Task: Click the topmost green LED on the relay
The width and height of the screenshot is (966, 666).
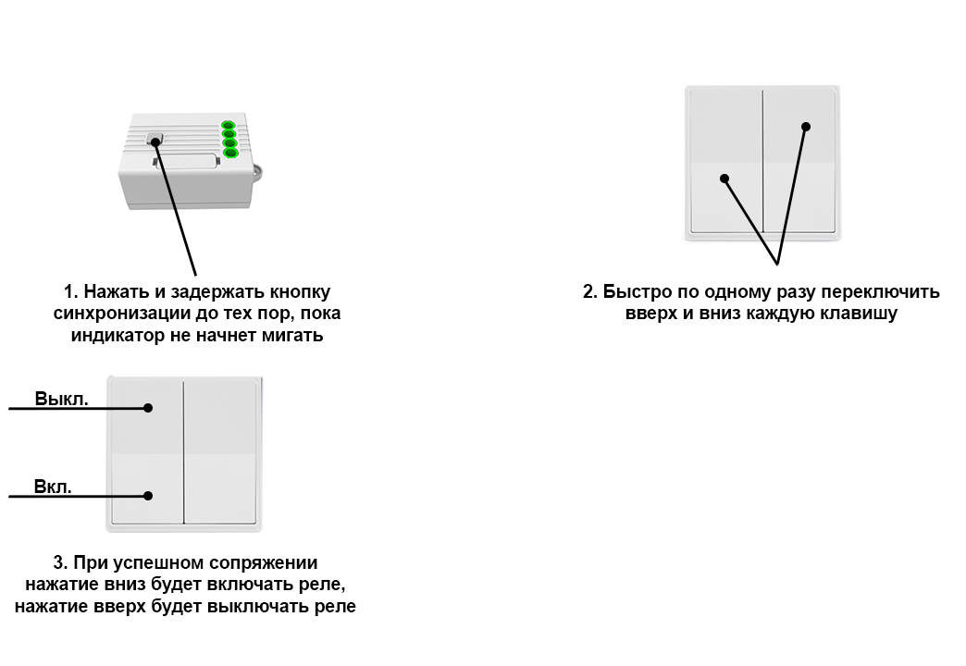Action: click(x=228, y=127)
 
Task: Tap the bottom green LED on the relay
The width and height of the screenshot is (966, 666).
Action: click(x=228, y=154)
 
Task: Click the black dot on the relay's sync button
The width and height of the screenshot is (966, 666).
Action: click(x=155, y=142)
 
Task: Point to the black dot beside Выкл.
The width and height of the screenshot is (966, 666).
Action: click(x=148, y=408)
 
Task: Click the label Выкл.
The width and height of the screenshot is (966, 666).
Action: click(x=62, y=400)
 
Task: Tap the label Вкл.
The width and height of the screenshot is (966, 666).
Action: click(x=54, y=487)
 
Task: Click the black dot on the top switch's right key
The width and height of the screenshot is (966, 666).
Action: click(x=806, y=127)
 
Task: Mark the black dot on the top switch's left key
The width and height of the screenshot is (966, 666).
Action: click(x=724, y=179)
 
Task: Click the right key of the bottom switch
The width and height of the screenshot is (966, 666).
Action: click(x=222, y=453)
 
